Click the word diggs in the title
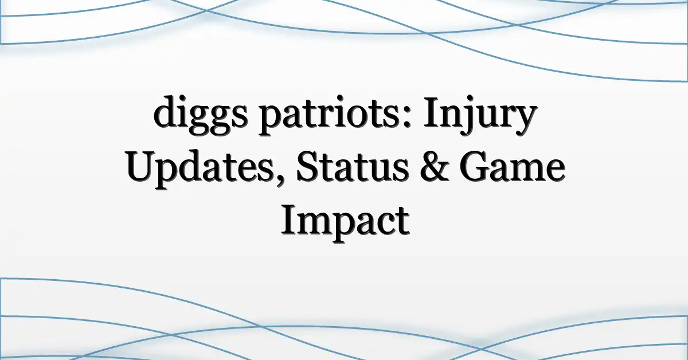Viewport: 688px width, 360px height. click(200, 115)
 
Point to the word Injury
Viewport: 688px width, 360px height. click(480, 115)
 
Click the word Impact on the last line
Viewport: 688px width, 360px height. click(345, 223)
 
